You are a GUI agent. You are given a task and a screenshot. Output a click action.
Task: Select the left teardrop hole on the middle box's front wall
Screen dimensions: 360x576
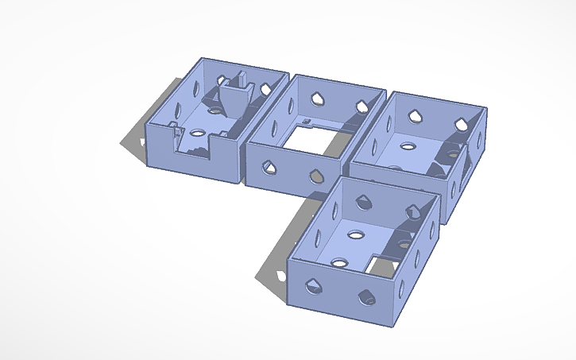click(x=269, y=167)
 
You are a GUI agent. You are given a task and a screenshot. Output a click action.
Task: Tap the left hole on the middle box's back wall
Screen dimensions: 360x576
click(x=319, y=97)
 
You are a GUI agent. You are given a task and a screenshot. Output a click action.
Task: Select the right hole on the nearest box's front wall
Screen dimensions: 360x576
click(x=367, y=297)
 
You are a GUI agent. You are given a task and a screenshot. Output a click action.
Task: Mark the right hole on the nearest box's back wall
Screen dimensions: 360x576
click(x=413, y=211)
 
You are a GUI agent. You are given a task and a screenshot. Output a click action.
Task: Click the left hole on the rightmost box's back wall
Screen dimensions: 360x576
click(x=416, y=116)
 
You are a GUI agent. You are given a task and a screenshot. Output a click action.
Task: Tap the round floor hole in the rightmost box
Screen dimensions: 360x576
click(x=408, y=146)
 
